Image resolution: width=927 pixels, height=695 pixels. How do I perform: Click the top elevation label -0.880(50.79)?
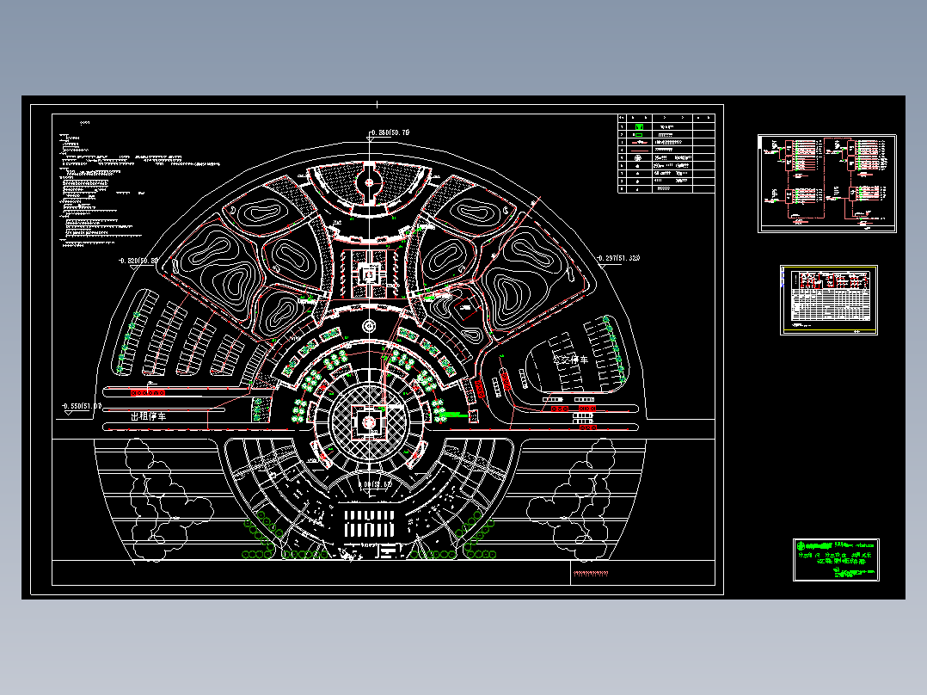click(390, 132)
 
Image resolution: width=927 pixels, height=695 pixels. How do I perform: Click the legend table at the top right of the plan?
click(666, 153)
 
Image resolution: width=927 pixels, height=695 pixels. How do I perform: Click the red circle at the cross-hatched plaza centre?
click(370, 422)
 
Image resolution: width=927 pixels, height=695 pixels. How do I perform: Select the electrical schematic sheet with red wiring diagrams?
click(826, 182)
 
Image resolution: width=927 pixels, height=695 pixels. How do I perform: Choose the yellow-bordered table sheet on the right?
click(829, 299)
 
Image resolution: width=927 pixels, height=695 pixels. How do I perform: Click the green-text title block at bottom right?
click(836, 559)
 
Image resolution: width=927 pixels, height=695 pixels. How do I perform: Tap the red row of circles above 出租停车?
click(147, 392)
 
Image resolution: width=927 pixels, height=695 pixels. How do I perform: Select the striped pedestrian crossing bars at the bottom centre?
click(371, 523)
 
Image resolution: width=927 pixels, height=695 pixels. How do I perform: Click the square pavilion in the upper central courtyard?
click(370, 274)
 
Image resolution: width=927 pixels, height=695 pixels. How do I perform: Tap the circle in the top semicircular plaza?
click(370, 182)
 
